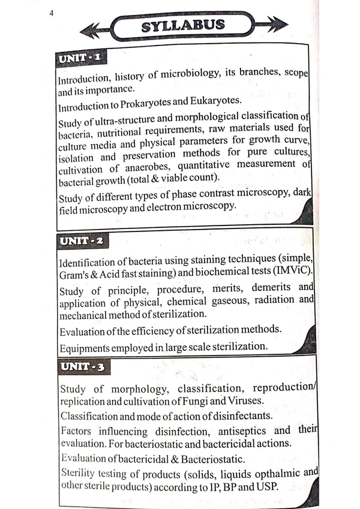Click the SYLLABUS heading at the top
[183, 26]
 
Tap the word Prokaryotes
[155, 101]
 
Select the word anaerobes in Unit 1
[155, 167]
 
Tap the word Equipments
[86, 348]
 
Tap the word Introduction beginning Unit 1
[83, 79]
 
